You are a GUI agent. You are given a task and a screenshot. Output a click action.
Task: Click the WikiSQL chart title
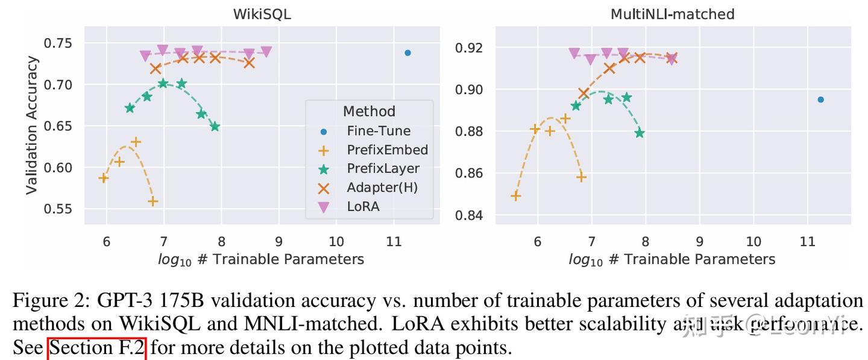[x=262, y=14]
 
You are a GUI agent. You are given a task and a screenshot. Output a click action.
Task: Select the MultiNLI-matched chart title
[x=672, y=14]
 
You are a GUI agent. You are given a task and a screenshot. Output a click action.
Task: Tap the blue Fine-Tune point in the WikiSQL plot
[x=407, y=53]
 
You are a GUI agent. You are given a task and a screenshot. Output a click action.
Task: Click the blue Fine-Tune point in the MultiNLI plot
[x=820, y=99]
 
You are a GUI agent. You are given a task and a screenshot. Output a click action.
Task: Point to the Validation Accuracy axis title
[x=32, y=125]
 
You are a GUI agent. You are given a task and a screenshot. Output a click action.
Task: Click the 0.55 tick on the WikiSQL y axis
[x=57, y=209]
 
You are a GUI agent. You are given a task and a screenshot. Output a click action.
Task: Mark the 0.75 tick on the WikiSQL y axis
[x=57, y=43]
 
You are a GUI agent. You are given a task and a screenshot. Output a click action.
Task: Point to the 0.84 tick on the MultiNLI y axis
[x=469, y=215]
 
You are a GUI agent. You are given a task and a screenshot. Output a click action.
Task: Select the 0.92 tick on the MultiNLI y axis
[x=469, y=48]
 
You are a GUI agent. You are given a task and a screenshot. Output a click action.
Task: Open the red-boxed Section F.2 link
[x=97, y=349]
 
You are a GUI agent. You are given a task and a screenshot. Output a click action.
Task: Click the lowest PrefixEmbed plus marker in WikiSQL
[x=153, y=201]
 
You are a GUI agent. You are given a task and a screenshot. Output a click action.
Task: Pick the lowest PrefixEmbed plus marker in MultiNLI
[x=516, y=196]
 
